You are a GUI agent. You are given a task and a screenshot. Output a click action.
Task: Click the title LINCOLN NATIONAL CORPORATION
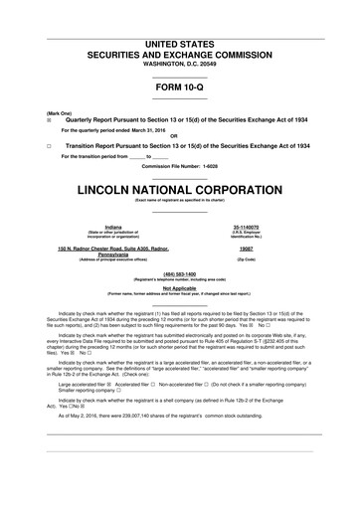(x=179, y=189)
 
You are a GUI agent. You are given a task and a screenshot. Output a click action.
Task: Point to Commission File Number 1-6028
(x=180, y=165)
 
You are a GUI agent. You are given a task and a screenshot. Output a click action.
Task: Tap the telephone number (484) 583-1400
(x=179, y=273)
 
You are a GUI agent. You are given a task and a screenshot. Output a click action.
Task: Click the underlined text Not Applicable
(x=179, y=287)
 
